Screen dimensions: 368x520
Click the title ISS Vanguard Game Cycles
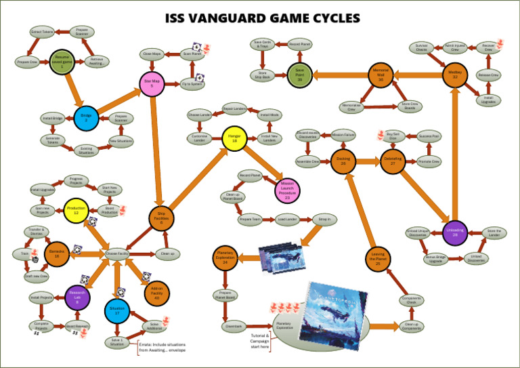click(x=263, y=18)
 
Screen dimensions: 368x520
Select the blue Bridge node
click(x=86, y=117)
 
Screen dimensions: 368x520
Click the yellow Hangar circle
click(x=234, y=138)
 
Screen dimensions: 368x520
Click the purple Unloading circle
click(x=456, y=232)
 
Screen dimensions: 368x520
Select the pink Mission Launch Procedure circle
click(x=287, y=192)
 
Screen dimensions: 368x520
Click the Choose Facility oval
click(x=117, y=253)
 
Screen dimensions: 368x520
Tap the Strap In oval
click(x=322, y=219)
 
